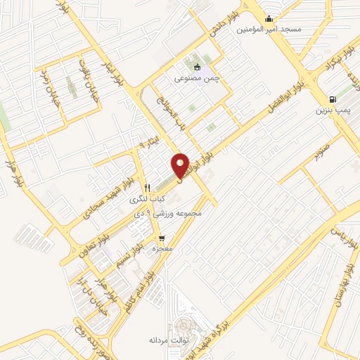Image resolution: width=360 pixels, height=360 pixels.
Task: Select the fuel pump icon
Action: (333, 99)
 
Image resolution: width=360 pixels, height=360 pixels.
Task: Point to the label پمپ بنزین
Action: (332, 111)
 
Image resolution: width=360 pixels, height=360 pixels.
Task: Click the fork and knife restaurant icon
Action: (147, 188)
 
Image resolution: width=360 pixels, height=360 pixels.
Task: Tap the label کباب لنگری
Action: (147, 200)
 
